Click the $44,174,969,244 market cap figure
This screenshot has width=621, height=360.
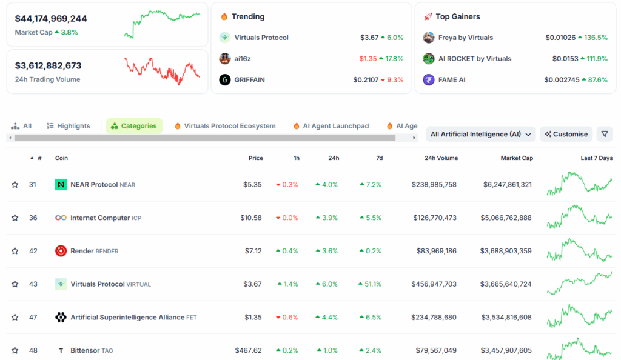point(51,19)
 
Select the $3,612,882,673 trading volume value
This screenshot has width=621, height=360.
point(48,65)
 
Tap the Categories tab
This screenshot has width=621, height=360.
point(134,126)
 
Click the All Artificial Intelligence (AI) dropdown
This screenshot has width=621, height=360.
point(480,134)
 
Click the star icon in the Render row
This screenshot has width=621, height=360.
point(15,251)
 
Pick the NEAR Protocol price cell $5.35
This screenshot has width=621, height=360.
point(252,184)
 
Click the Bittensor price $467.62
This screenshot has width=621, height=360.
point(249,350)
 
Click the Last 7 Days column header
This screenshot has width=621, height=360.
point(596,158)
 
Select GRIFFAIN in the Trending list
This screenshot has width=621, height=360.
point(249,79)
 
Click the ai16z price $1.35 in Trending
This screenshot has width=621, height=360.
point(368,59)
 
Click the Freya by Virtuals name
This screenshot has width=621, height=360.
point(465,38)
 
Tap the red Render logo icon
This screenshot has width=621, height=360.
point(61,251)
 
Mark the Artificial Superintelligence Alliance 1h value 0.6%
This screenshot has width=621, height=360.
point(289,317)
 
